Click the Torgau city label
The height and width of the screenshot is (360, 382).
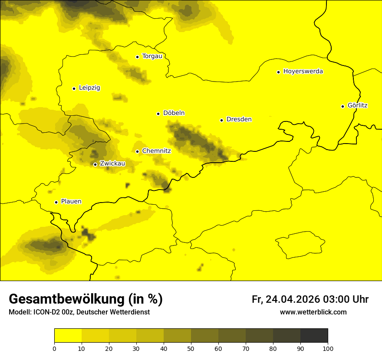152,56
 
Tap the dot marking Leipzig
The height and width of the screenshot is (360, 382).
74,88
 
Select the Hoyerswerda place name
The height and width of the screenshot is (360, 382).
303,72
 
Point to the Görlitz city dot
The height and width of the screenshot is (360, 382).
342,106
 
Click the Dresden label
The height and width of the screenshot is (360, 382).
239,119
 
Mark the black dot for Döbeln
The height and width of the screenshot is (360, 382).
158,114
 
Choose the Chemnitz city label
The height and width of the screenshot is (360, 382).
156,151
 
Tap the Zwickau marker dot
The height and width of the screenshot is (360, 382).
95,164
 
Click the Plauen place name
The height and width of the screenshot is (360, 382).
71,202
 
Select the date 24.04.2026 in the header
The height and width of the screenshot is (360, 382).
292,300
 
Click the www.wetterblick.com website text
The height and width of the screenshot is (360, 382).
313,312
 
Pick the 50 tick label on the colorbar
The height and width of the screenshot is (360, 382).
191,348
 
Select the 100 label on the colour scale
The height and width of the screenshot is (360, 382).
328,348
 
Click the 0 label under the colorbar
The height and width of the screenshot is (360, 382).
54,348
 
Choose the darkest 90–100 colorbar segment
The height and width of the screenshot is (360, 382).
314,335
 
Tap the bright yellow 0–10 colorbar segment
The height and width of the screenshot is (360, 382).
68,335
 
